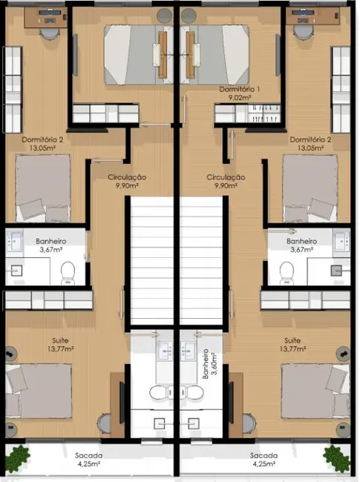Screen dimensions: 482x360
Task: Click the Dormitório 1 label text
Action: click(x=240, y=93)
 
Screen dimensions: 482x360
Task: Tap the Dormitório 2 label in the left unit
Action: click(x=36, y=143)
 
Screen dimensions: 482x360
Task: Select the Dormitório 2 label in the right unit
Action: click(x=310, y=143)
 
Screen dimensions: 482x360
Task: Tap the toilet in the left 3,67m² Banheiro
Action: click(x=68, y=272)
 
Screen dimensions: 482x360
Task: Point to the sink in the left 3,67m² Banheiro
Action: click(x=15, y=241)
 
